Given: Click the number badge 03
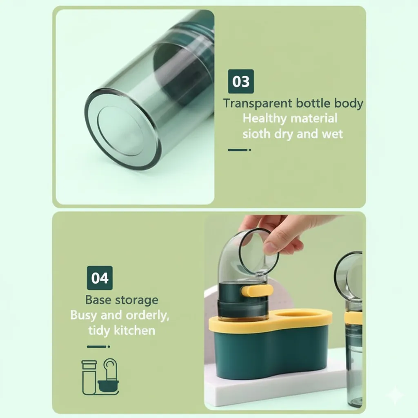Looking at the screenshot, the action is point(241,81).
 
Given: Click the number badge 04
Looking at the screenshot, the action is point(100,278).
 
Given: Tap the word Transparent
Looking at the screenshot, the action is point(258,103).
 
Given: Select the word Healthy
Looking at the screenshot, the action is point(265,119).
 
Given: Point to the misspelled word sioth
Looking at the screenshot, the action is point(256,133).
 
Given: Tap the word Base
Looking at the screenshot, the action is point(98,300).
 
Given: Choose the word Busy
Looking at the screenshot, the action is point(83,316).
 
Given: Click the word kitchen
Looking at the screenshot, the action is point(134,331).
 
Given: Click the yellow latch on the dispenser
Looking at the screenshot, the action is point(257,290).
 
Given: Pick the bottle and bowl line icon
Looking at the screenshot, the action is point(100,376).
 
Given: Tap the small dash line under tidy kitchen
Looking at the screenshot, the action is point(98,347).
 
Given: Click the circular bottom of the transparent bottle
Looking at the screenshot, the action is point(123,129).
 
